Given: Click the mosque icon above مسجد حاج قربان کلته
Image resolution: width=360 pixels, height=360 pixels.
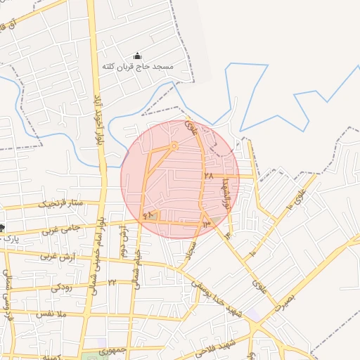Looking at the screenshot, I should click(137, 56).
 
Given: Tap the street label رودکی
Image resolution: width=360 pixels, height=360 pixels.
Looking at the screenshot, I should click(61, 286).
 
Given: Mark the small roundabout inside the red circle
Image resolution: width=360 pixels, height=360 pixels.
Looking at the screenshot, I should click(174, 146).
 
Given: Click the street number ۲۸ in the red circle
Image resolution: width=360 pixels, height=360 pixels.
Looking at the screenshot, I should click(208, 176).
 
